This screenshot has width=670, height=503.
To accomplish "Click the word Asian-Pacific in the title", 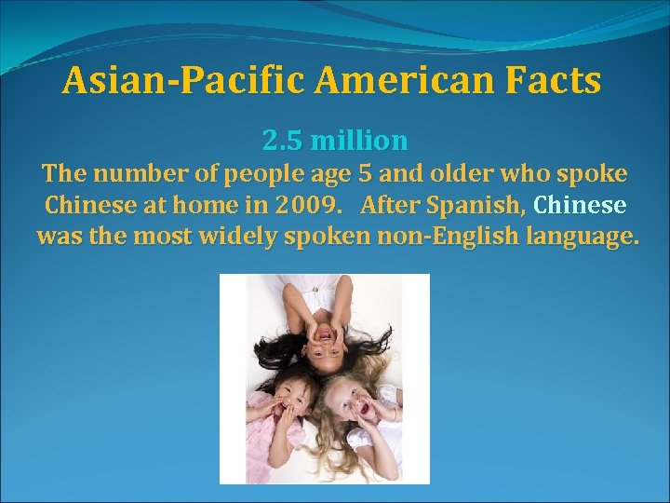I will click(182, 82).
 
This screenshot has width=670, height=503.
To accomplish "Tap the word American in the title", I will click(402, 82).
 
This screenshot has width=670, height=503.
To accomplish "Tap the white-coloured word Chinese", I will click(581, 205).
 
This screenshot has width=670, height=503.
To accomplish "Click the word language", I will click(583, 237).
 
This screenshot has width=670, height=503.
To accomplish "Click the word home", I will click(219, 205).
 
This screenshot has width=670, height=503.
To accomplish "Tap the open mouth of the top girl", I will click(324, 330).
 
